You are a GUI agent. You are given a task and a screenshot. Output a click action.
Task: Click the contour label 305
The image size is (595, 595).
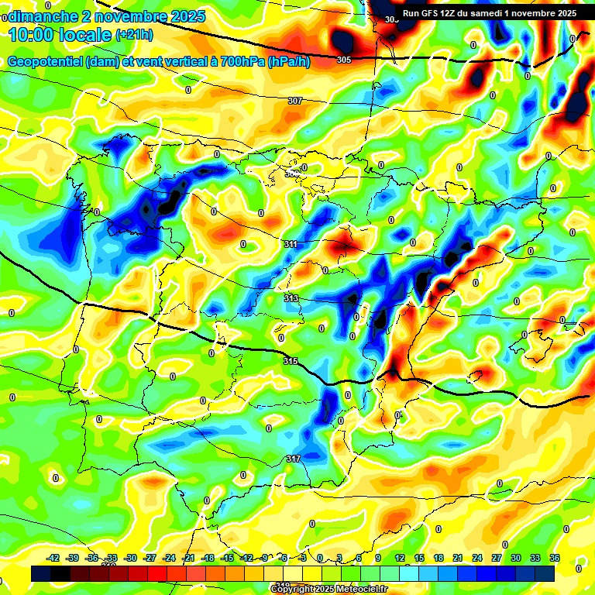coord(344,60)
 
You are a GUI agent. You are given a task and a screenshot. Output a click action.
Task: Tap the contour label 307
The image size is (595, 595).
coord(294,101)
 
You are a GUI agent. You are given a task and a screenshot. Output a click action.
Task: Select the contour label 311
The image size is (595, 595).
coord(291,244)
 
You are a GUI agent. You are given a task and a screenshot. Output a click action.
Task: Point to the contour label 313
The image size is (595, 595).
coord(291,298)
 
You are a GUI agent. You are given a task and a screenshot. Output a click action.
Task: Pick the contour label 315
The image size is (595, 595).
coord(291,361)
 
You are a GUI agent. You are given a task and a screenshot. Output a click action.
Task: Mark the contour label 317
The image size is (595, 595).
coord(293,459)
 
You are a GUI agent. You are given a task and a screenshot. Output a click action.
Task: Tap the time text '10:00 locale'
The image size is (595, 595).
coord(60,35)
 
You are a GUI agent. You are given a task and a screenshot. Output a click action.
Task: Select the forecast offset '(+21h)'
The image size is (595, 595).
coord(134,35)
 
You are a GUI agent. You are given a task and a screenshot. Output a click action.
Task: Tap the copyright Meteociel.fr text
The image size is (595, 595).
coord(328,589)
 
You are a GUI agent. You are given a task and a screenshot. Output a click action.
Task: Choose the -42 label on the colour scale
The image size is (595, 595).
coord(53,558)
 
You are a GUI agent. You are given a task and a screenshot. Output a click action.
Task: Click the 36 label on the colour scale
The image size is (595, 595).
coord(555,558)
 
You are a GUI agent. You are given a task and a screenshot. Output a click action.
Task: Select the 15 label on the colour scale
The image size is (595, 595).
coord(419,558)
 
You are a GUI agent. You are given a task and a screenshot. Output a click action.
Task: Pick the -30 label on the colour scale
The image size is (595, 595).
coord(131,558)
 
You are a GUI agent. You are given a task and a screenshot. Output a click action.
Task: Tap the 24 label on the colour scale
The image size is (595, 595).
coord(477,558)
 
